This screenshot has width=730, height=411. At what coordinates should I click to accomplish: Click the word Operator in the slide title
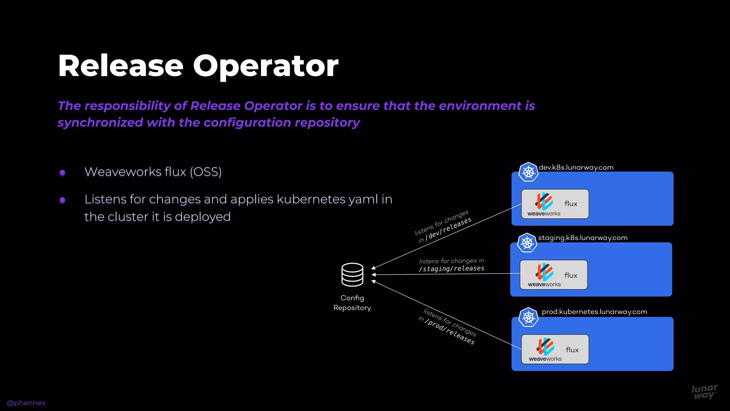coord(266,66)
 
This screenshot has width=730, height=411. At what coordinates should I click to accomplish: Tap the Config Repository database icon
coord(352,274)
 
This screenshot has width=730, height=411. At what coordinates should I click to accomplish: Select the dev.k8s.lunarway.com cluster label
coord(576,167)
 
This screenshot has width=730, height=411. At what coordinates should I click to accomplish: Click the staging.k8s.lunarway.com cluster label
coord(582,238)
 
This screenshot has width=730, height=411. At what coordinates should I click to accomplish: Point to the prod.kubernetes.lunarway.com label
coord(594,312)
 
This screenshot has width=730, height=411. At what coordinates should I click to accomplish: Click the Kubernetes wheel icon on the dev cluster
coord(528,172)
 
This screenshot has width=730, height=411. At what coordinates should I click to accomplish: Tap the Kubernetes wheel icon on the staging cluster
coord(527,243)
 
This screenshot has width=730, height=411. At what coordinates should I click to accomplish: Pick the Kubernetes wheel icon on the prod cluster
coord(528,317)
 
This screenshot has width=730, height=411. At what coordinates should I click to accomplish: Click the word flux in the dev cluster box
coord(571,204)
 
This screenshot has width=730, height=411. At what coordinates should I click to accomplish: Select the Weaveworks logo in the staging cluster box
coord(544,275)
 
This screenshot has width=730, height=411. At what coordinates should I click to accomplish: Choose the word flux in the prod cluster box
coord(572,350)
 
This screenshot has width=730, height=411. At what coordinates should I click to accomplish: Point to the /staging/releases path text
coord(452,269)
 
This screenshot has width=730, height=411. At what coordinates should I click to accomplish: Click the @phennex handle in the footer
coord(26,403)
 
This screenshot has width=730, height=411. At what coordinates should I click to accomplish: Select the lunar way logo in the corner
coord(704,392)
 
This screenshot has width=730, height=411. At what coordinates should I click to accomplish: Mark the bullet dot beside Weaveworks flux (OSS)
coord(62,173)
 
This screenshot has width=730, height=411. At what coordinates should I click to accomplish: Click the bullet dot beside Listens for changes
coord(62,200)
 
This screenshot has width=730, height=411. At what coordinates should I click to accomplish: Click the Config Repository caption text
coord(352,303)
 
